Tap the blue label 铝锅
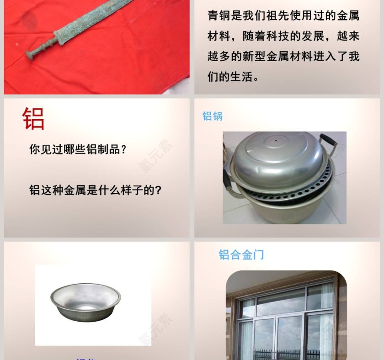click(x=213, y=116)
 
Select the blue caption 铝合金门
click(x=241, y=255)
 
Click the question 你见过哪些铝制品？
click(x=78, y=149)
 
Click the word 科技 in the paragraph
click(x=297, y=36)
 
